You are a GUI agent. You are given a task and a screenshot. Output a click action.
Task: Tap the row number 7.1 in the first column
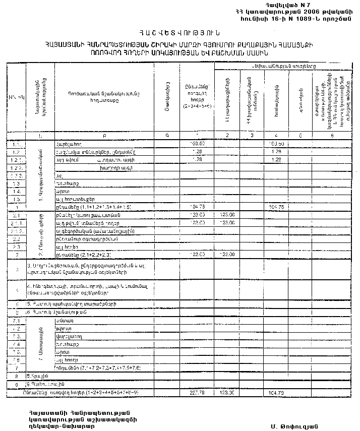click(16, 321)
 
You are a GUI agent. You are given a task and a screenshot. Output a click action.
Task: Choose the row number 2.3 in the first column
click(16, 247)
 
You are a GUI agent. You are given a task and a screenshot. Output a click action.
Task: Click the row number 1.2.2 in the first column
click(16, 167)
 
